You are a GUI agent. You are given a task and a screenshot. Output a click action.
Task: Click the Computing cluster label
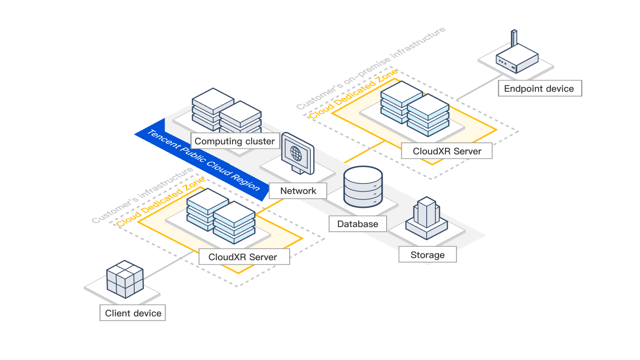click(234, 141)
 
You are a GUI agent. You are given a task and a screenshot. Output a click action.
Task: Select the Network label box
click(298, 191)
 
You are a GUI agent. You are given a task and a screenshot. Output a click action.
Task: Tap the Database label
click(357, 224)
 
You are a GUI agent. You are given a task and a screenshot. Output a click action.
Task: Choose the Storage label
click(427, 255)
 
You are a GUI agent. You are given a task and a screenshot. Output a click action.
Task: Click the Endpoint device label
click(539, 89)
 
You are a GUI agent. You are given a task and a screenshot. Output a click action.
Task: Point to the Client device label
click(133, 313)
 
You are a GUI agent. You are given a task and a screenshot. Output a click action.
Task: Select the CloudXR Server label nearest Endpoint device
click(446, 151)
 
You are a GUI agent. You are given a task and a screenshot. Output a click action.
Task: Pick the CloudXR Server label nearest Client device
click(243, 257)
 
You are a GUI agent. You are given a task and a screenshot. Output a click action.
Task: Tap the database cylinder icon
click(363, 187)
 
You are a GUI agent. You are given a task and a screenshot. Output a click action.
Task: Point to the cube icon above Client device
click(125, 278)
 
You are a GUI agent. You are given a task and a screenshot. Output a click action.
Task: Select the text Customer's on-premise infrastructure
click(371, 68)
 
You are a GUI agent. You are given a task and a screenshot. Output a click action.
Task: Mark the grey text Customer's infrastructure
click(143, 195)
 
